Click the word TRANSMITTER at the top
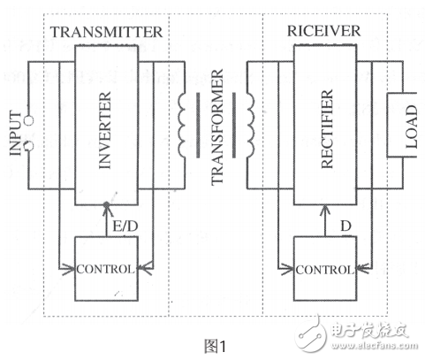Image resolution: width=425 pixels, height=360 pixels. point(106,33)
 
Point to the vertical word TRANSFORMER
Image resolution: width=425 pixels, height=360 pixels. point(217,134)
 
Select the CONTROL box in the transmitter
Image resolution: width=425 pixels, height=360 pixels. point(107,268)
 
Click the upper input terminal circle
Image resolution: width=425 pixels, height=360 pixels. point(33,120)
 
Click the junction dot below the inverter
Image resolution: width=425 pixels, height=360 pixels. point(107,205)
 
